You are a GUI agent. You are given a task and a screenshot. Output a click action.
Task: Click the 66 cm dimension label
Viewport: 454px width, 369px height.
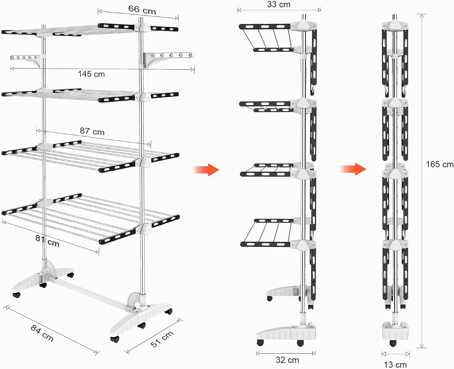click(x=142, y=10)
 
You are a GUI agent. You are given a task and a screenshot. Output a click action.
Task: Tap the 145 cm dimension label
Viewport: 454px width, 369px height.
click(x=91, y=74)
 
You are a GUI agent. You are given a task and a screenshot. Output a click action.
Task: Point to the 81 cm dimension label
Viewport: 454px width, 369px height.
click(x=47, y=241)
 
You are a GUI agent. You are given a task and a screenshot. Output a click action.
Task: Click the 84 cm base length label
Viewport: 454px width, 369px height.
click(x=42, y=333)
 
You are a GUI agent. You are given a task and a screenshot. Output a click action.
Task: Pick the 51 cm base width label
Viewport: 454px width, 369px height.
click(x=162, y=339)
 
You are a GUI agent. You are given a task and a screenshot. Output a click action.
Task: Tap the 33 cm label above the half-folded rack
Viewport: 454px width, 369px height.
click(x=278, y=4)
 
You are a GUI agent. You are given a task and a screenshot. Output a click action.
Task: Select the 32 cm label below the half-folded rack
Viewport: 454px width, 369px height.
click(x=287, y=360)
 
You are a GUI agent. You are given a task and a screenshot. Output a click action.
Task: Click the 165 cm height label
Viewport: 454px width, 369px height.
click(x=440, y=164)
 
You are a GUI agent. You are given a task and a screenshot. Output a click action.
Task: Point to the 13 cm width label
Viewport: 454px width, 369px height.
click(x=395, y=364)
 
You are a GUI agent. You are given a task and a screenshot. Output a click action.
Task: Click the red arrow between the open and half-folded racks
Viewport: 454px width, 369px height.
click(x=206, y=170)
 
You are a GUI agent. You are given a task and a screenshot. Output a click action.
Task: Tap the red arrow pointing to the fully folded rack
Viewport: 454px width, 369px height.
click(x=353, y=169)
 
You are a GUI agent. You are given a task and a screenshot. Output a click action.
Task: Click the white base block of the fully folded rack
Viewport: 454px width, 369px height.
click(x=395, y=331)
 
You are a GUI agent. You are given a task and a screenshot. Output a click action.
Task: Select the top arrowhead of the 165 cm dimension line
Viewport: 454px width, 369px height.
click(x=421, y=15)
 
